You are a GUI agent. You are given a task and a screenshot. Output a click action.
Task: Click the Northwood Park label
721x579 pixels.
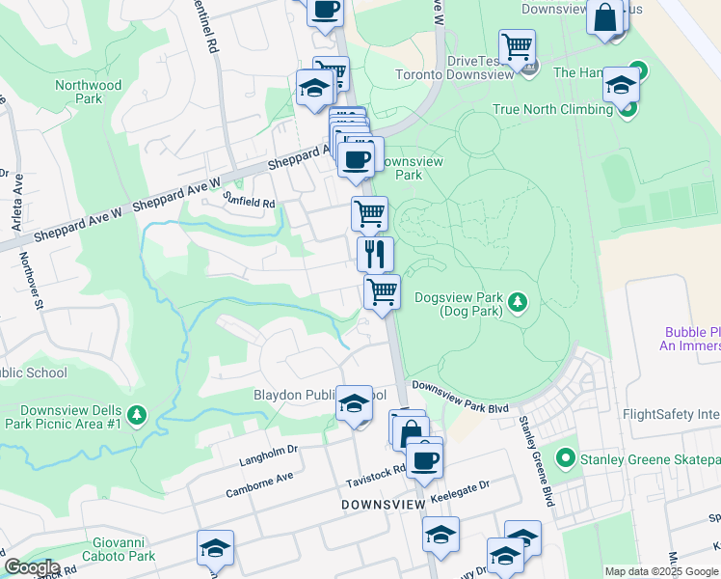(x=89, y=92)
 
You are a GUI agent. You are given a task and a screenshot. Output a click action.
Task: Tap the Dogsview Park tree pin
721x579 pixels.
(x=518, y=304)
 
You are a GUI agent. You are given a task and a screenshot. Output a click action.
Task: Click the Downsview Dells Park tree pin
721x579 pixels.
(x=137, y=415)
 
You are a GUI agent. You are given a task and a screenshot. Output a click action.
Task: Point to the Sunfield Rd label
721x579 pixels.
(x=249, y=203)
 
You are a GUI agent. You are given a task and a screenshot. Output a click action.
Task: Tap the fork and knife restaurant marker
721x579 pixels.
(x=375, y=253)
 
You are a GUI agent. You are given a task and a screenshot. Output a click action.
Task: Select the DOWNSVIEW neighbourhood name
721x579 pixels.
(x=382, y=505)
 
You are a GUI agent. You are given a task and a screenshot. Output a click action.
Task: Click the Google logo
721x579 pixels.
(x=32, y=567)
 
